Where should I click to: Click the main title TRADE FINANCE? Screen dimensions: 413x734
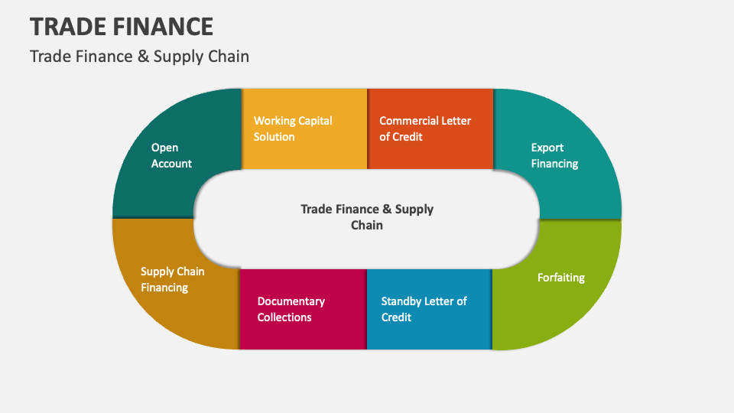point(122,26)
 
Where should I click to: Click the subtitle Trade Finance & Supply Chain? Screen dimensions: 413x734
point(139,57)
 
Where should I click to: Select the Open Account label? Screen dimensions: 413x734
point(171,155)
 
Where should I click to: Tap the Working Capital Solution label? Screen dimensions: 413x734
point(293,128)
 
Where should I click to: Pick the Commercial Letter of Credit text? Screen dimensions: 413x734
point(425,128)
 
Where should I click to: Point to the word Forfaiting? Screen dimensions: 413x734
point(560,277)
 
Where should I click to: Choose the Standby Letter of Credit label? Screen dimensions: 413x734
point(424,309)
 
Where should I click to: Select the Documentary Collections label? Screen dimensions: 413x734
point(291,309)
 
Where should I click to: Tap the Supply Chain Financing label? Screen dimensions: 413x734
point(172,279)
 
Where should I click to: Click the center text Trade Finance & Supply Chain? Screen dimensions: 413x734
point(367,216)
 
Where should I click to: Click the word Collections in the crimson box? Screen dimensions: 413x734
point(284,317)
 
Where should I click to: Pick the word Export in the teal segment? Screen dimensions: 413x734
point(547,148)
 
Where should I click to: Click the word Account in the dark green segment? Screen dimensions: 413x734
point(171,164)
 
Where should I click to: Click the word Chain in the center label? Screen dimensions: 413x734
point(367,225)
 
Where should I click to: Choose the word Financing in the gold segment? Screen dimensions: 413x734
point(164,288)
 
